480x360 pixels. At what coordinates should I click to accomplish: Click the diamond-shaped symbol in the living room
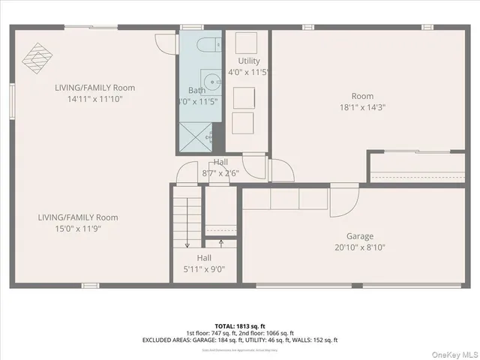(x=37, y=54)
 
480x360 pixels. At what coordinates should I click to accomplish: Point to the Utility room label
(x=249, y=61)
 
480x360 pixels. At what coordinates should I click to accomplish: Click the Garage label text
(x=359, y=236)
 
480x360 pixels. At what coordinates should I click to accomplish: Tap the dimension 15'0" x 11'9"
(x=78, y=229)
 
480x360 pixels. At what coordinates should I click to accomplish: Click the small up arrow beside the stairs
(x=220, y=242)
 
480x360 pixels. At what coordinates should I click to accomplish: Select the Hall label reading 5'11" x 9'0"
(x=205, y=263)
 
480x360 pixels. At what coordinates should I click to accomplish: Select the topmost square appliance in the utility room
(x=247, y=42)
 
